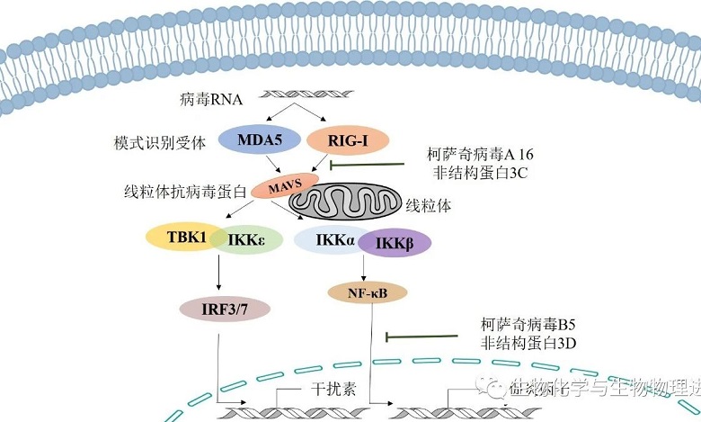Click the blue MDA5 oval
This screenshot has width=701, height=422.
[x=253, y=140]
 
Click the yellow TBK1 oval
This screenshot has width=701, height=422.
[x=186, y=238]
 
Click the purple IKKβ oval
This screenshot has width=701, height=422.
[x=394, y=242]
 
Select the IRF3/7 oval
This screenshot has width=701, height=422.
[x=225, y=310]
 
